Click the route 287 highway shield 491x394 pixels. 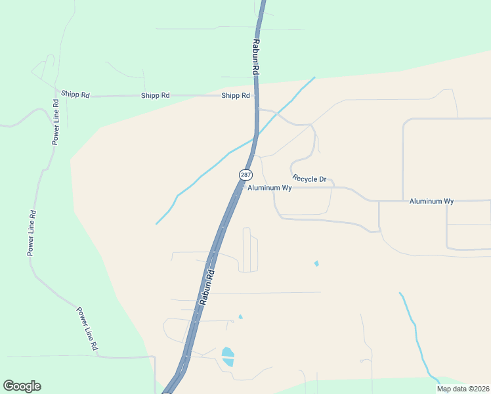[245, 175]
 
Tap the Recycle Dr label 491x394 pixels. [309, 179]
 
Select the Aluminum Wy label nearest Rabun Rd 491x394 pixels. [269, 188]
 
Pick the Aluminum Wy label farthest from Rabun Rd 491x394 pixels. [431, 201]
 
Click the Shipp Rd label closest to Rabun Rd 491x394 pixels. [236, 95]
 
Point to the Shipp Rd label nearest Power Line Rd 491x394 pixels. [75, 95]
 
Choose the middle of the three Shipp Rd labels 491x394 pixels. [155, 95]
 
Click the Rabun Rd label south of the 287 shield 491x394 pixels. [207, 288]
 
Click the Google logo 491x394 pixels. [22, 386]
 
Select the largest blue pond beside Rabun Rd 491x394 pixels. [228, 357]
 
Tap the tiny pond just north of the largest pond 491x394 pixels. [240, 317]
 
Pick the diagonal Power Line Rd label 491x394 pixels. [86, 328]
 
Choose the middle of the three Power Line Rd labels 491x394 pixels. [31, 233]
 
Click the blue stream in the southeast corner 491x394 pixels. [417, 335]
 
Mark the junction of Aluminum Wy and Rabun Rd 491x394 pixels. [242, 187]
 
